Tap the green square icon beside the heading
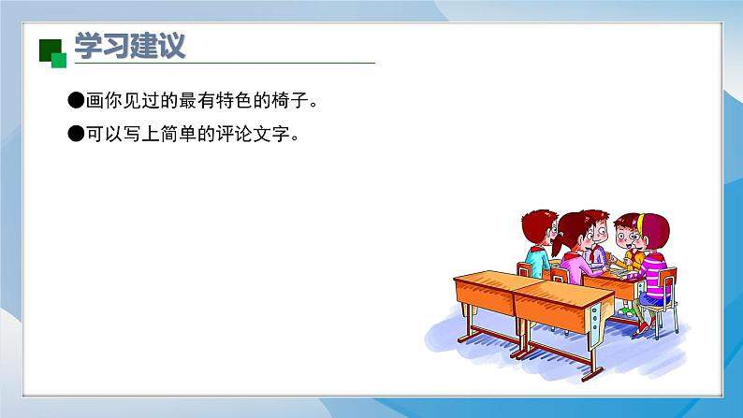52,53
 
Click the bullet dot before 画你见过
77,99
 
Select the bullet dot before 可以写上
77,134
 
